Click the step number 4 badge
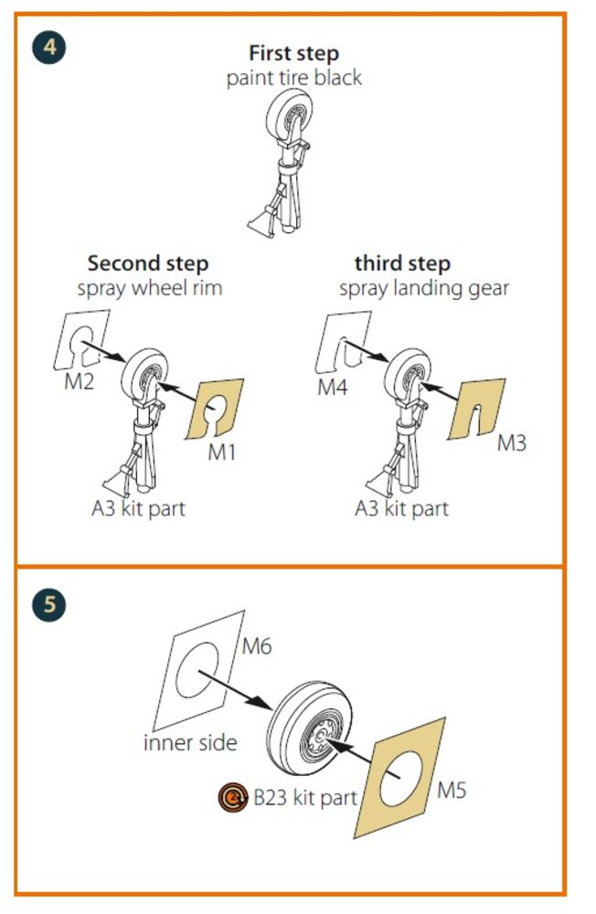49,48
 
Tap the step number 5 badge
49,604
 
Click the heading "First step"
294,54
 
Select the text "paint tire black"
294,78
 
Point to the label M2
80,382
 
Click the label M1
221,452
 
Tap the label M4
333,387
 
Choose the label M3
511,443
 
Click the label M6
257,646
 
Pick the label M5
452,791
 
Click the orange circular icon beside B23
233,797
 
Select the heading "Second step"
148,263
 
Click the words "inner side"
190,742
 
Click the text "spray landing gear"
424,288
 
